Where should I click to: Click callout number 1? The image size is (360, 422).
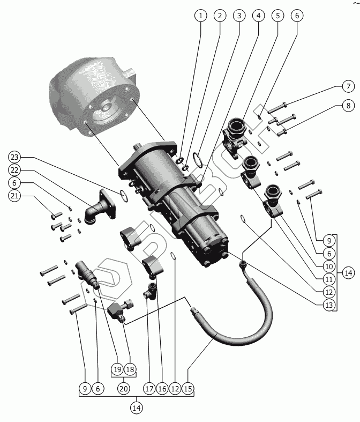tap(201, 16)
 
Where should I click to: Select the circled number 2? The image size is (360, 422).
tap(220, 16)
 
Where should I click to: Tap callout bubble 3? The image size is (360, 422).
tap(239, 16)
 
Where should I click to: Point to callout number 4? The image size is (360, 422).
tap(258, 16)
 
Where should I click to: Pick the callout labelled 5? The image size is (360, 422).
tap(277, 16)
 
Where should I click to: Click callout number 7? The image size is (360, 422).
tap(347, 87)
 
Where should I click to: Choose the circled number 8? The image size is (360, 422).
tap(347, 106)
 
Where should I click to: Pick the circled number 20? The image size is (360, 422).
tap(123, 388)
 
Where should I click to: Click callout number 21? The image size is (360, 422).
tap(14, 196)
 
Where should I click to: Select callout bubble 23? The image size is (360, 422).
tap(14, 157)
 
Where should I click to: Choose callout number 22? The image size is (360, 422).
tap(14, 170)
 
